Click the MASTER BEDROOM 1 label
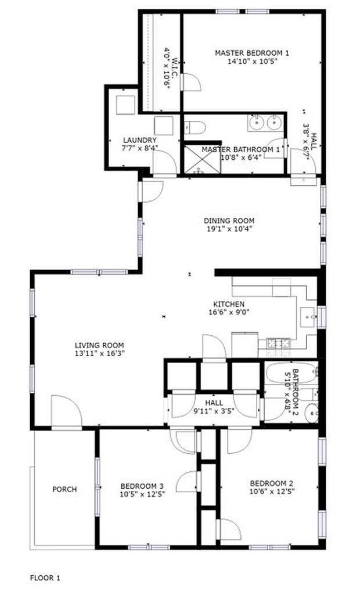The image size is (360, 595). [x=252, y=53]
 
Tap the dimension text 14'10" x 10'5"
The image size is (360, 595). [x=252, y=61]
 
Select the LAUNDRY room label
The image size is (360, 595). [x=139, y=140]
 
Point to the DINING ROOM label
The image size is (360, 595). [x=229, y=221]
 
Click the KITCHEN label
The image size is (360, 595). [x=229, y=304]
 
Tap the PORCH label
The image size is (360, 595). [x=64, y=489]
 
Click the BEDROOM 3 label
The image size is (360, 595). [x=142, y=486]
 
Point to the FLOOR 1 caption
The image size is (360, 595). [x=45, y=578]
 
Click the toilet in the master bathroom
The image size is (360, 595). [x=195, y=127]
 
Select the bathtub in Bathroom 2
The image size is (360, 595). [x=291, y=383]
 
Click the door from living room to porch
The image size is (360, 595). [x=66, y=414]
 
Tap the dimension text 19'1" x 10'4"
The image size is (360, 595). [x=229, y=229]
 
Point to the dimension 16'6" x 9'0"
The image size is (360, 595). [x=229, y=312]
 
